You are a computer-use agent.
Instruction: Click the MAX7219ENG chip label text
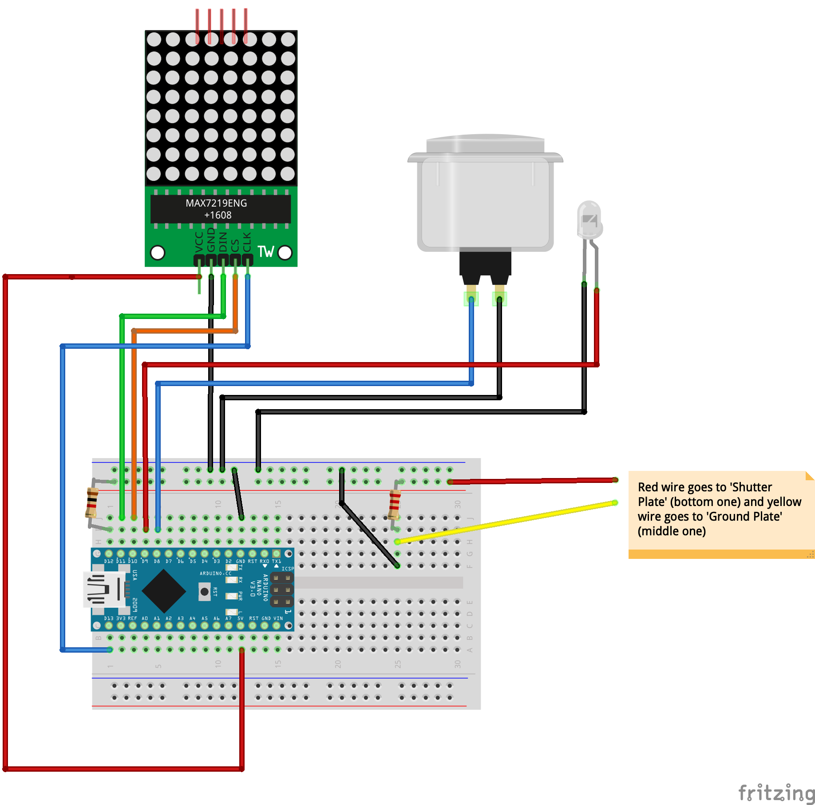tap(216, 203)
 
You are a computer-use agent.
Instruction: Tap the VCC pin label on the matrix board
tap(199, 242)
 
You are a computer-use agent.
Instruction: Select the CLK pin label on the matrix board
tap(247, 242)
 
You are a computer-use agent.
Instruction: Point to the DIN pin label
tap(223, 242)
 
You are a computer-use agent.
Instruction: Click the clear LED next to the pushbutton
tap(589, 220)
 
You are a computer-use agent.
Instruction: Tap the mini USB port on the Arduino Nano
tap(104, 590)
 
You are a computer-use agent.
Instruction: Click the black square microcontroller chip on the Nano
tap(164, 591)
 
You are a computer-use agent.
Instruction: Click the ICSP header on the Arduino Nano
tap(281, 590)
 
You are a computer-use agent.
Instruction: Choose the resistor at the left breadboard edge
tap(92, 502)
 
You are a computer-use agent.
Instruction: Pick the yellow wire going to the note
tap(506, 522)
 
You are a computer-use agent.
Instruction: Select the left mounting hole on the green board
tap(158, 252)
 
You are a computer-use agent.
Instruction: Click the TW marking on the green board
tap(265, 251)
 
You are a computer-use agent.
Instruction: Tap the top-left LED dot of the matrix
tap(154, 40)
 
